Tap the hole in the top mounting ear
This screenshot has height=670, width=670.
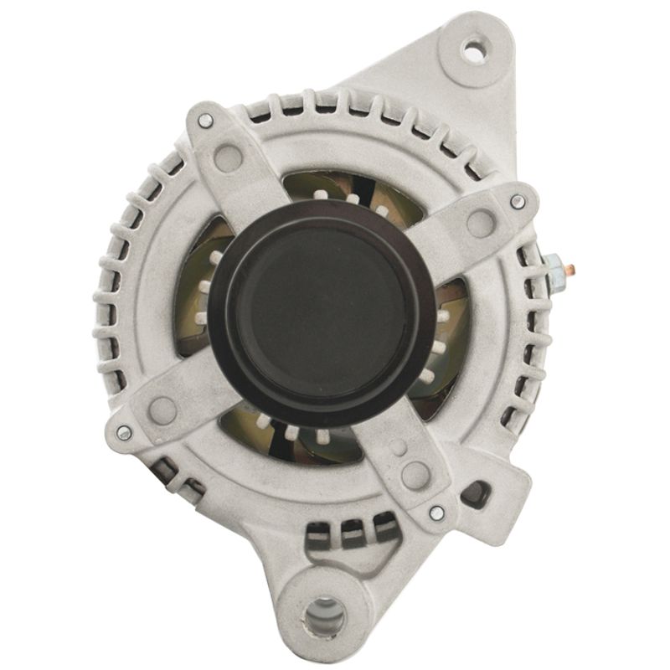coord(474,52)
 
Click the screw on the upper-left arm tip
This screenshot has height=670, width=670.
coord(204,121)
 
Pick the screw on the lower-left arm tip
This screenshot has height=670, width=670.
coord(124,432)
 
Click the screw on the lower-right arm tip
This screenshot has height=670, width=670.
coord(435,513)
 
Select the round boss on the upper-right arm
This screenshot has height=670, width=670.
coord(480,223)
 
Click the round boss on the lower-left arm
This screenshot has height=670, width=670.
coord(162,410)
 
